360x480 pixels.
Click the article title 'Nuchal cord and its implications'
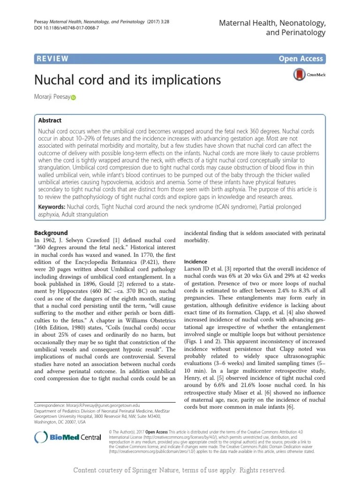(127, 80)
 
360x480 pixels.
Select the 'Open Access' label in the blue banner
(300, 59)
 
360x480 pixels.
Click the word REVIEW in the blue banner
(52, 59)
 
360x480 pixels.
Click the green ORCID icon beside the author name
(73, 98)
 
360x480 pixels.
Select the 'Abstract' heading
(50, 120)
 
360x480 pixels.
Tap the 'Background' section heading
(52, 233)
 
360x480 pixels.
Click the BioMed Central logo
(68, 438)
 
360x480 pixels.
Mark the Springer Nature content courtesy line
(180, 470)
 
